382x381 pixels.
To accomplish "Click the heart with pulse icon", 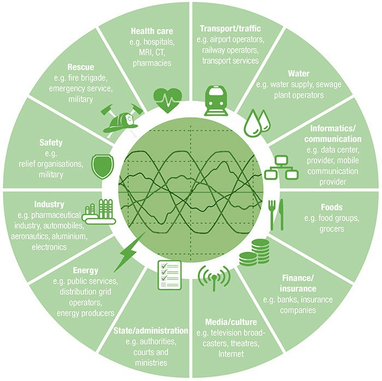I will (x=167, y=99).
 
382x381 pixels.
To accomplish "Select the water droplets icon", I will (x=255, y=123).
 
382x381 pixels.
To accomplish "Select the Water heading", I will (x=299, y=73).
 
